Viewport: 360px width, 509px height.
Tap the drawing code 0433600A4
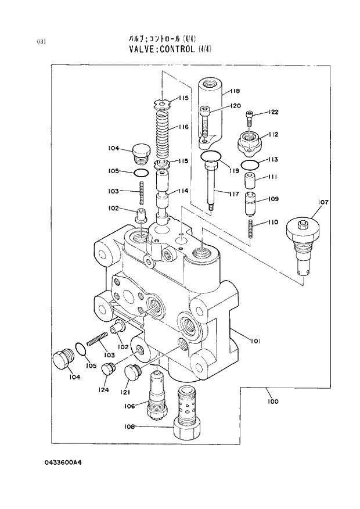(64, 462)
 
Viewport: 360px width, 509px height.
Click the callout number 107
(323, 202)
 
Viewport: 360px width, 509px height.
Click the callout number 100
(273, 401)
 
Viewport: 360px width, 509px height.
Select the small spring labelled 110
(251, 228)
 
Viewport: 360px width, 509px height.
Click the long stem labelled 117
(212, 185)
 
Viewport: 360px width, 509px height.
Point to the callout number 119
(234, 171)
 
